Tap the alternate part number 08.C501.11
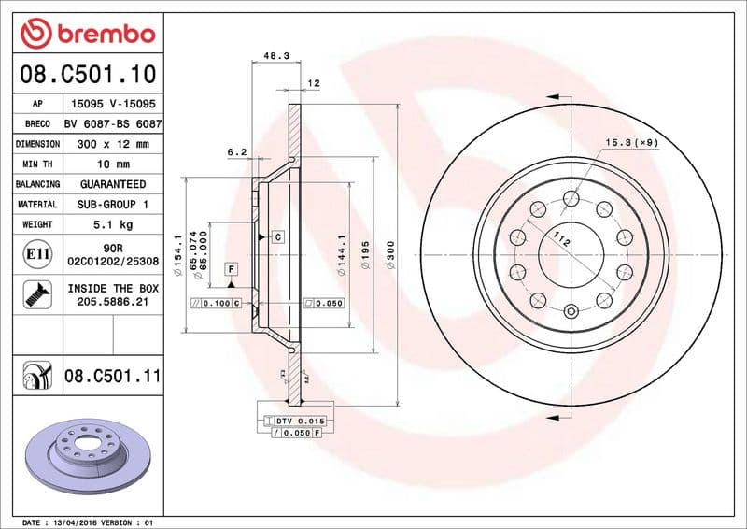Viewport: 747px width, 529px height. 113,377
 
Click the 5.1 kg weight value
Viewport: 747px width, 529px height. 113,224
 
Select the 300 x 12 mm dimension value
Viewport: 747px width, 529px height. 113,144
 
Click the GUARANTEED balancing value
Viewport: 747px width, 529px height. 113,184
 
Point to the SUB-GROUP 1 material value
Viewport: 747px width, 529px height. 113,204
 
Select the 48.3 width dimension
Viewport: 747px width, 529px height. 275,56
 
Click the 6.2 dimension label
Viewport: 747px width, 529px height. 236,150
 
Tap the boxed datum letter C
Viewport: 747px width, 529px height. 278,236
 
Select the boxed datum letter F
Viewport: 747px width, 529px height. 230,269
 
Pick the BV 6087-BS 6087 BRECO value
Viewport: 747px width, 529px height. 113,123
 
